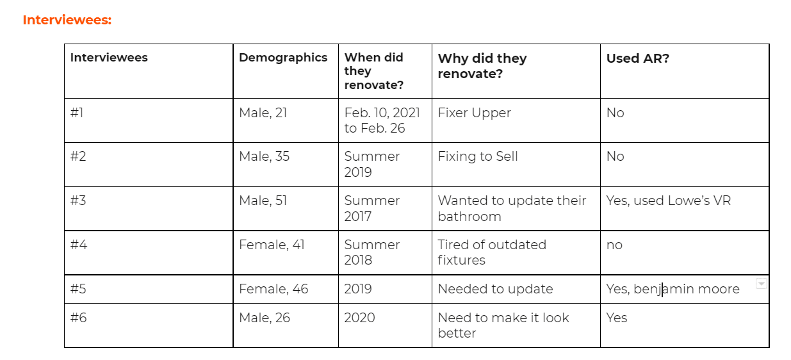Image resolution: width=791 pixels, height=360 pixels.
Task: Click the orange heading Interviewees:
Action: (67, 20)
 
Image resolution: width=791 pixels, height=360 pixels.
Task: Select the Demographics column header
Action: (282, 58)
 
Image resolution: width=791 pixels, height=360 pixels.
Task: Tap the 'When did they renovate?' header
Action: (374, 71)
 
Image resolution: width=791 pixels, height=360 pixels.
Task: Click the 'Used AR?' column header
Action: (637, 58)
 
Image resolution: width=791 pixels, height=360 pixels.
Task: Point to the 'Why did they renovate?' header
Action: (482, 66)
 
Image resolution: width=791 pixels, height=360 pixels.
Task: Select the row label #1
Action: (77, 113)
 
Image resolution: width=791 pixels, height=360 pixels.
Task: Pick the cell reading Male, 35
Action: (264, 156)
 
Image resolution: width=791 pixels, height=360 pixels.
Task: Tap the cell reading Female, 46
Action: (273, 289)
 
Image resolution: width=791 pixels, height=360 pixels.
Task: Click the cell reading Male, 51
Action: (263, 200)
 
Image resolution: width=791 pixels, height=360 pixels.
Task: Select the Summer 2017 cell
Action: (371, 208)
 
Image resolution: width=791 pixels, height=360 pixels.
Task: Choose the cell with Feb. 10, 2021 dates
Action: (382, 120)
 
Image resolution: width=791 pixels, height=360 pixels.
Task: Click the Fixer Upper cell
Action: (474, 113)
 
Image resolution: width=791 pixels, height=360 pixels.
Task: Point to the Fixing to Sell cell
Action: (478, 156)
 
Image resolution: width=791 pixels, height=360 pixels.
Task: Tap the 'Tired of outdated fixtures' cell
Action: (491, 252)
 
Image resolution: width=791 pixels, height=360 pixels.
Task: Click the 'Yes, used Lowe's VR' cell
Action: (668, 200)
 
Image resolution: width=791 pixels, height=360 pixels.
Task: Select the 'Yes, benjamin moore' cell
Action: (673, 289)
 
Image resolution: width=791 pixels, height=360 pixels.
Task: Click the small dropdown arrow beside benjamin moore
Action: (761, 284)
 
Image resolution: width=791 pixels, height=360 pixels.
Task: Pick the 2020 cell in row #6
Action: (359, 318)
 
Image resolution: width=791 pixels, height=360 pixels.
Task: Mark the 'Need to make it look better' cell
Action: (503, 325)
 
